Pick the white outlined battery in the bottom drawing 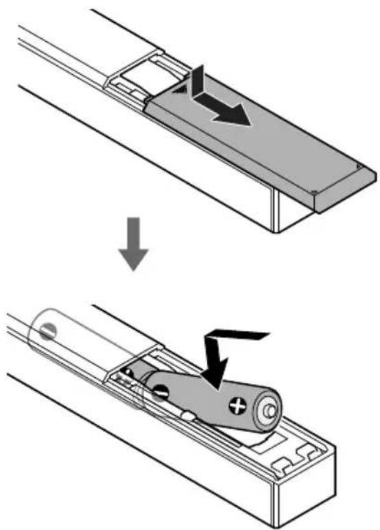coord(75,336)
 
